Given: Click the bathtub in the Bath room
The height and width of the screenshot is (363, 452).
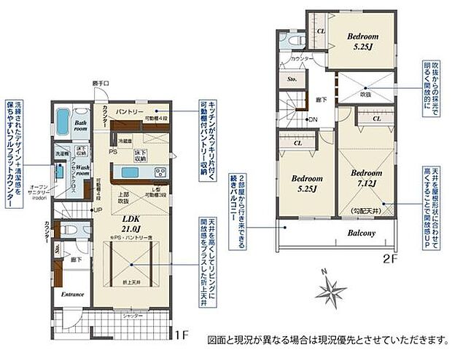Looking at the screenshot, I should [62, 119].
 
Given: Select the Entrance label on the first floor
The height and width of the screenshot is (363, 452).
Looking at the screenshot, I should [71, 294].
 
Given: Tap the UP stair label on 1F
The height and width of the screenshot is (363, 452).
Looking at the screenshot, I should [97, 210].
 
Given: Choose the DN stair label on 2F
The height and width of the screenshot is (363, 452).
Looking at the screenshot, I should [313, 119].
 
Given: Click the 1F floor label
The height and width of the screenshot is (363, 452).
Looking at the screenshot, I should [182, 317].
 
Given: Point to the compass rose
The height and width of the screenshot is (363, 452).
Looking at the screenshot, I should [331, 291].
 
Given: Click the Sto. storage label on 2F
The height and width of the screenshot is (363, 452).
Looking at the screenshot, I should [292, 78].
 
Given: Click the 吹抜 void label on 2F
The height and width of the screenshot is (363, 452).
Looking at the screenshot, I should [365, 94].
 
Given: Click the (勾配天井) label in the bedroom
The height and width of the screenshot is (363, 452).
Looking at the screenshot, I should [363, 210].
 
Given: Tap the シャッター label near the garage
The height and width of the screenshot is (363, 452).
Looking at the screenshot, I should [131, 316].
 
